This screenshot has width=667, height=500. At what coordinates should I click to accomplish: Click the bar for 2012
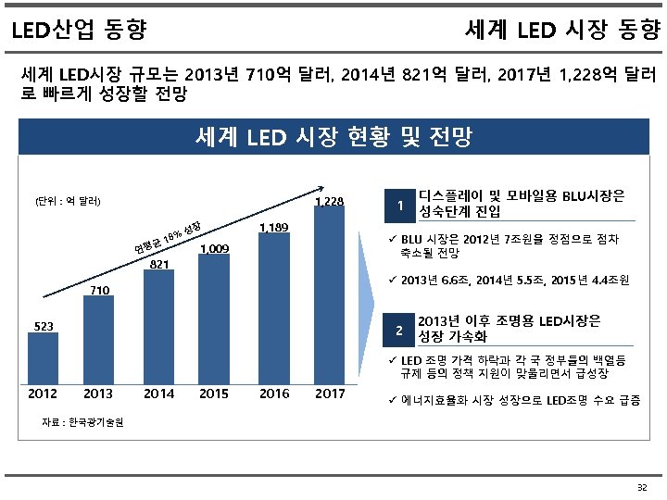[44, 356]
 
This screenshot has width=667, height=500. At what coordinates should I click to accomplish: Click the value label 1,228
[330, 201]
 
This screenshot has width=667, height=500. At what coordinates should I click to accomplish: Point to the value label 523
[44, 326]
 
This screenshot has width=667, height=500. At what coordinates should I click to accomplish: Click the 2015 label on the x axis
[215, 394]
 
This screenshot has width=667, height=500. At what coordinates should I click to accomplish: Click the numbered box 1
[398, 206]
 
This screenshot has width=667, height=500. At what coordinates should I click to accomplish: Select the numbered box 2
[398, 331]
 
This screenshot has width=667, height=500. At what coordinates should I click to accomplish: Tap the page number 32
[642, 487]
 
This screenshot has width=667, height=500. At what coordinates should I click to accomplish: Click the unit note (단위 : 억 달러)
[67, 201]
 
